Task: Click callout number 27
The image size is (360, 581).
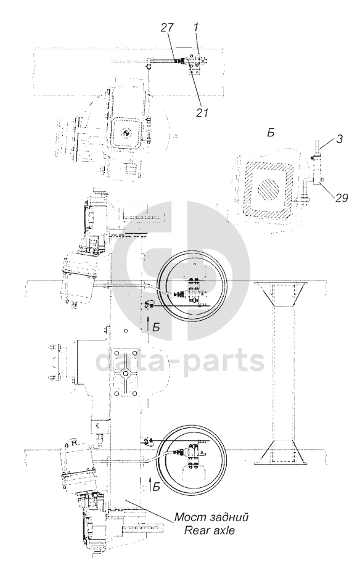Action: [166, 29]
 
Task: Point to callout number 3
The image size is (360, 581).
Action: [339, 139]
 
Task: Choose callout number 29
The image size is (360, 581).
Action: [342, 198]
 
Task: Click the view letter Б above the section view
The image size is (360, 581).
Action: [271, 133]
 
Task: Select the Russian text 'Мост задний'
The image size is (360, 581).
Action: [211, 517]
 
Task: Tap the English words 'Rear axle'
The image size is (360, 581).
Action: [210, 530]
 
